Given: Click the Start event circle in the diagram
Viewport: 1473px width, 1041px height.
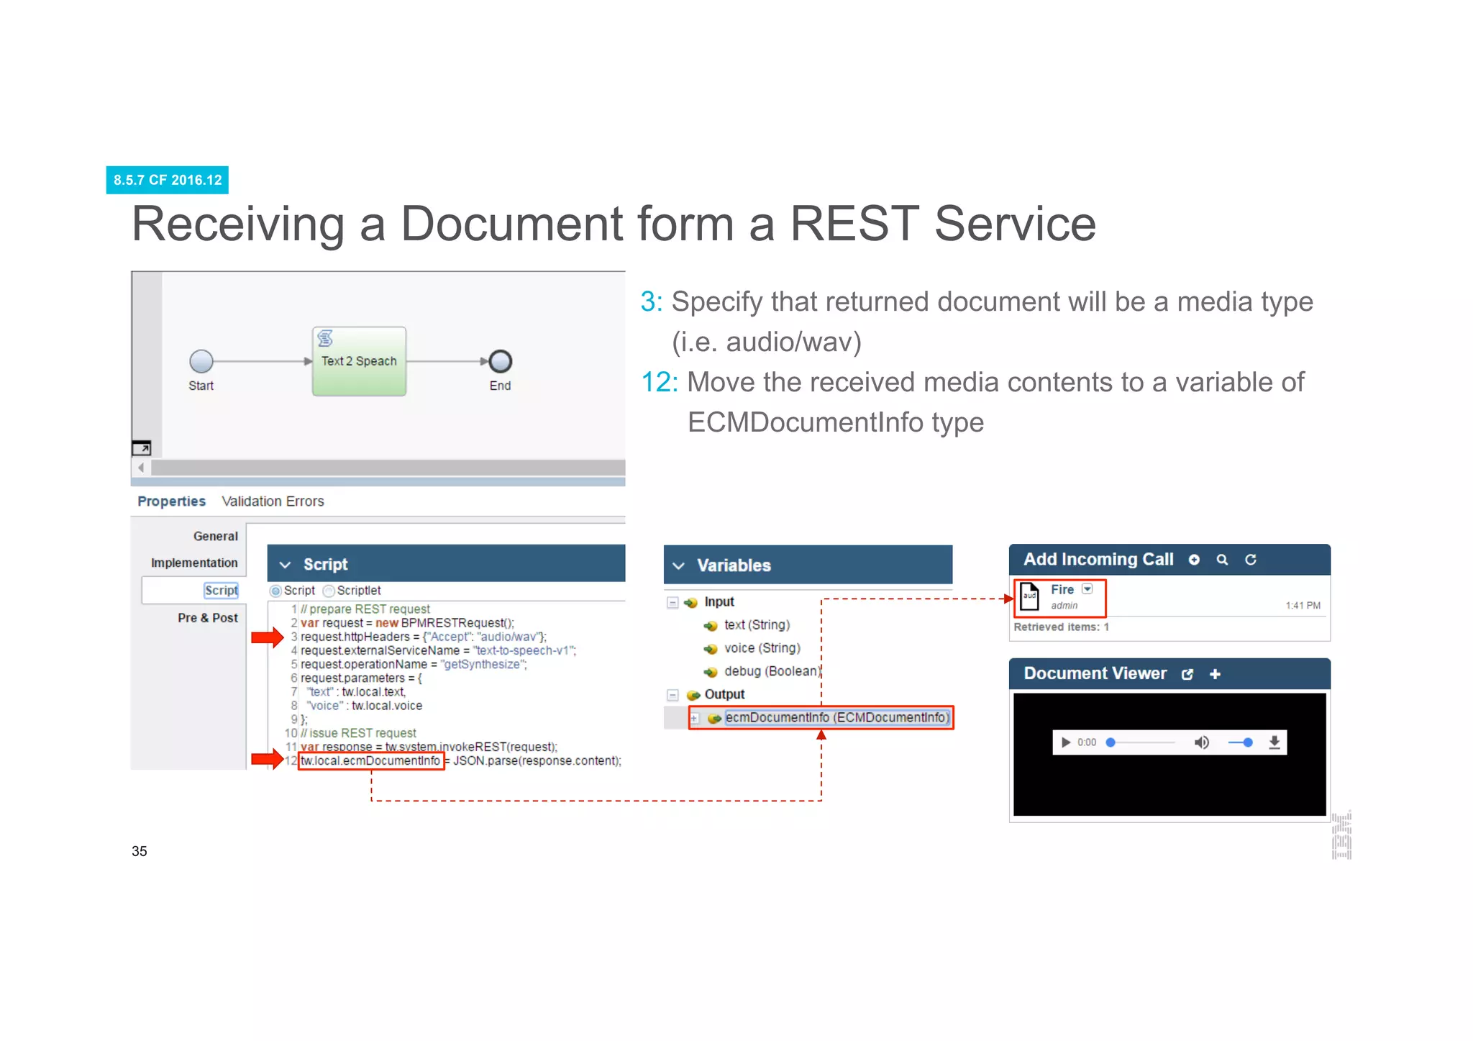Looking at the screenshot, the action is coord(201,361).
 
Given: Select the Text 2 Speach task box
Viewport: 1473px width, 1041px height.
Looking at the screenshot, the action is coord(359,361).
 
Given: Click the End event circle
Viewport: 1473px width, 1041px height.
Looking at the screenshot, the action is coord(500,361).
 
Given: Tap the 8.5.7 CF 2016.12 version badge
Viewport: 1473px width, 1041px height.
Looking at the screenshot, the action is coord(168,180).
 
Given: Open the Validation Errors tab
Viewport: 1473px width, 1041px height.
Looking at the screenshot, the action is coord(273,501).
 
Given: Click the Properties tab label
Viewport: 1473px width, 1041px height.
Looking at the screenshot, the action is coord(171,501).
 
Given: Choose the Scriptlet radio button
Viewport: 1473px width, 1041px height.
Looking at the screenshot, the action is coord(329,591).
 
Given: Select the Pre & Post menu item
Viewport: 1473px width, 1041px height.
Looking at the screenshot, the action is coord(208,618).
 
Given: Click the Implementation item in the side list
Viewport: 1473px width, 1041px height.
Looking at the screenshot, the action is coord(194,563).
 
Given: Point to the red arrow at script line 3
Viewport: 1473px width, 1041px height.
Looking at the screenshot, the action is coord(267,637).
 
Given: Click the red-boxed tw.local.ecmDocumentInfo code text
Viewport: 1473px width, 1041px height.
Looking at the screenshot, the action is coord(370,761).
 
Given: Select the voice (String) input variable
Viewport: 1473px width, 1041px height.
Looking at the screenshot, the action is coord(761,648).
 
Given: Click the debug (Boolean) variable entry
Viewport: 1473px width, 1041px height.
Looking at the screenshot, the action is coord(771,671).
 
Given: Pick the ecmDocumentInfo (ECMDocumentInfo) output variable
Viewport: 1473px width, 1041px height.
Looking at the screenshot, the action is coord(836,718).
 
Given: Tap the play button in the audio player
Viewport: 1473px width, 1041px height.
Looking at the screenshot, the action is coord(1066,742).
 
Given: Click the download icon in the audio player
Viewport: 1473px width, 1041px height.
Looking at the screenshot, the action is coord(1274,742).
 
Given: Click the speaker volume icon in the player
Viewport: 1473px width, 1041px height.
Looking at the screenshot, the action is coord(1201,742).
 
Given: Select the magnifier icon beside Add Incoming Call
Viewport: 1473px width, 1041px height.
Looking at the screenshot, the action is coord(1222,560).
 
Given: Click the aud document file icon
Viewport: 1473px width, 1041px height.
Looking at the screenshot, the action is coord(1030,596).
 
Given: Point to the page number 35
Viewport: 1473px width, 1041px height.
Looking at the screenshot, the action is coord(140,851).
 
